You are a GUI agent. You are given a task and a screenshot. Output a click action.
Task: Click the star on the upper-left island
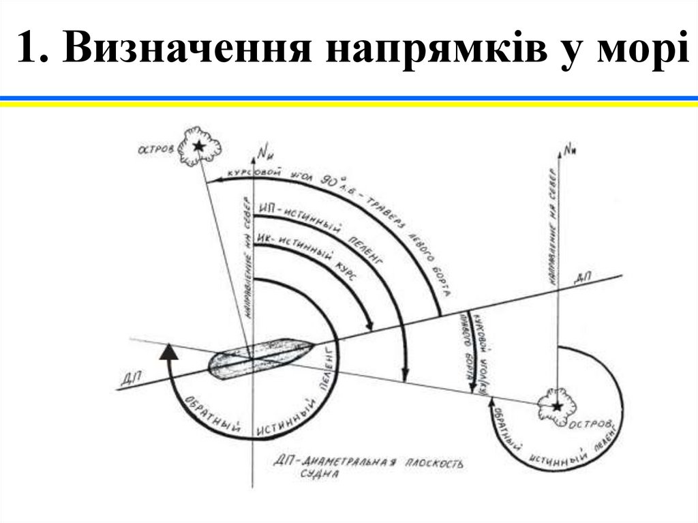(x=198, y=145)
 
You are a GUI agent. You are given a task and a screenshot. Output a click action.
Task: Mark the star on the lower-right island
(x=558, y=406)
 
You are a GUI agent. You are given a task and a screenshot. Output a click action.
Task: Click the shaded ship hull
(x=259, y=355)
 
